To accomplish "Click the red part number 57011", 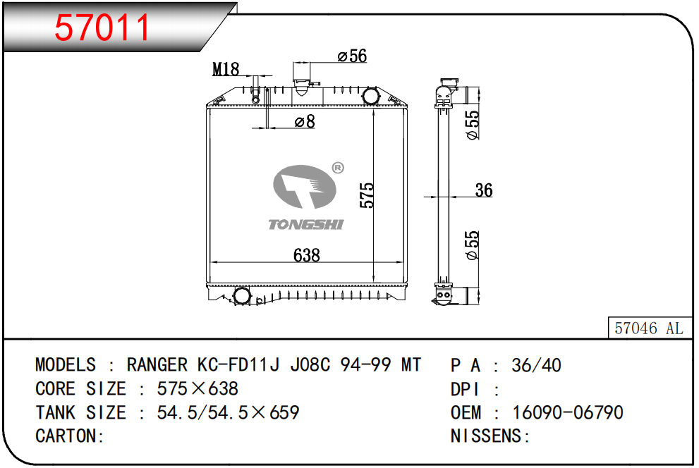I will (103, 27).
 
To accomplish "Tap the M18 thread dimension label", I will (226, 69).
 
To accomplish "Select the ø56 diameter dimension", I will (353, 56).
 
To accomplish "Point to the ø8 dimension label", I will (305, 122).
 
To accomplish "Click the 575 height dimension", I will (367, 195).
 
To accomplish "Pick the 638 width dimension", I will (307, 255).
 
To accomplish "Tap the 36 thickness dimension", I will (484, 190).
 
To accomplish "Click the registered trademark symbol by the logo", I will (337, 168).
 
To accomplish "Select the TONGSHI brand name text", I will (305, 224).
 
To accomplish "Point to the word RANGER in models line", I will (157, 365).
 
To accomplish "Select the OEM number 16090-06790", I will (568, 412).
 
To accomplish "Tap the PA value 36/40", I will (537, 365).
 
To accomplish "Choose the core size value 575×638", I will (197, 389).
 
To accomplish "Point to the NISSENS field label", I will (487, 436).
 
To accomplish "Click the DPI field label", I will (466, 389).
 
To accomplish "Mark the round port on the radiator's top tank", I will (371, 96).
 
